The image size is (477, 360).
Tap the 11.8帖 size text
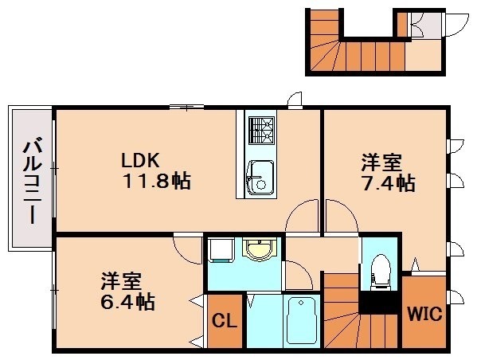pos(156,181)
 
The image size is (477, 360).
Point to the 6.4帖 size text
pos(127,302)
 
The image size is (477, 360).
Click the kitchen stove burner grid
pos(260,129)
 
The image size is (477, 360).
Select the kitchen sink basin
pos(259,177)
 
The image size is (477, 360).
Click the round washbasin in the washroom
pos(260,250)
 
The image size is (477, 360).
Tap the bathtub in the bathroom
pos(302,321)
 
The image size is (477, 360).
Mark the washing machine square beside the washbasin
pos(220,251)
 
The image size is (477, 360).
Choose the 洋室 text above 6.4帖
pos(121,281)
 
